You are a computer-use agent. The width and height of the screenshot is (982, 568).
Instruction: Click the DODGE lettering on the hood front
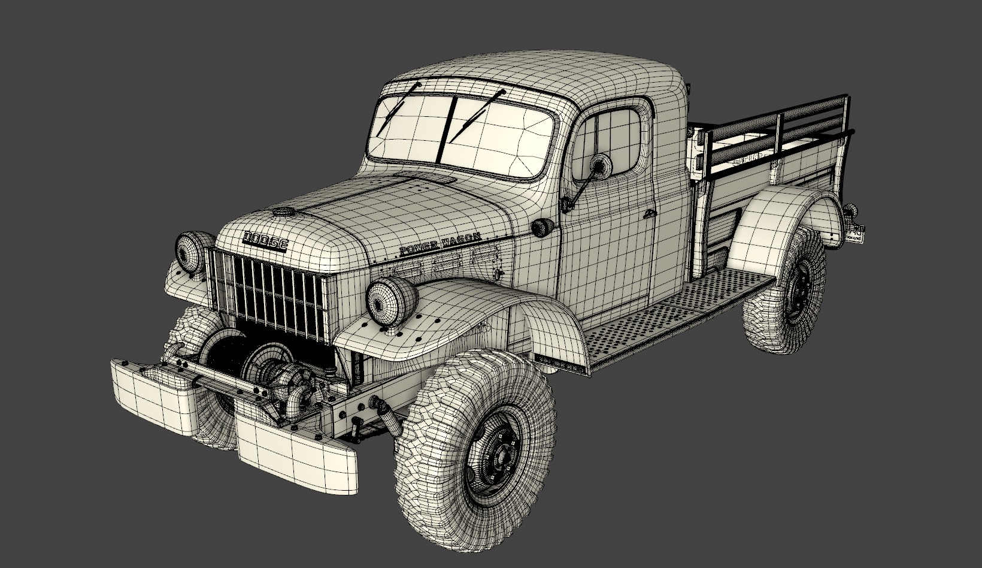pos(265,240)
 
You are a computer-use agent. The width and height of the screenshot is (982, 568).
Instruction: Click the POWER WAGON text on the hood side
pos(440,244)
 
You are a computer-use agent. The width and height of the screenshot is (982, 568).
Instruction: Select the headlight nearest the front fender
pos(392,299)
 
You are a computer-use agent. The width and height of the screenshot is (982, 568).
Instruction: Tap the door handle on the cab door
pos(648,214)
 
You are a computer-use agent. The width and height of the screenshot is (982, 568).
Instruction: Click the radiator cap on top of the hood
pos(281,212)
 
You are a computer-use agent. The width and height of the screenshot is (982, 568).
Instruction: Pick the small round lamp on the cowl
pos(543,226)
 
